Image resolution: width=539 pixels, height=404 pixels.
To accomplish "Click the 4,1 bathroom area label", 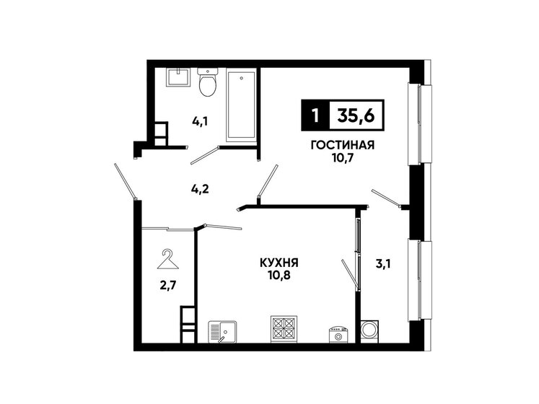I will point(200,122).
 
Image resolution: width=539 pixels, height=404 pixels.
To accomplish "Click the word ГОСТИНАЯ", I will point(342,144).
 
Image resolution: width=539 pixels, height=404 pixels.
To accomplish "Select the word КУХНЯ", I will point(280,263).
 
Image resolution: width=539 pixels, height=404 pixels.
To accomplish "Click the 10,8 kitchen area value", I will point(280,276).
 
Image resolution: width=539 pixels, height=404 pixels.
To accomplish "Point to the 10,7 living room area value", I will point(342,157).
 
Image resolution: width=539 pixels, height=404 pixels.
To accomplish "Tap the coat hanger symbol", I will point(168,256).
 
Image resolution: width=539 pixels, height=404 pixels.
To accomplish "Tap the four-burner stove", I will point(281,329).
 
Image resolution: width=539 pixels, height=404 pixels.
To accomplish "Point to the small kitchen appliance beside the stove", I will point(338,333).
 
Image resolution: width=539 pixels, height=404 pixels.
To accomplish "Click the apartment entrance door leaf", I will point(125,180).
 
